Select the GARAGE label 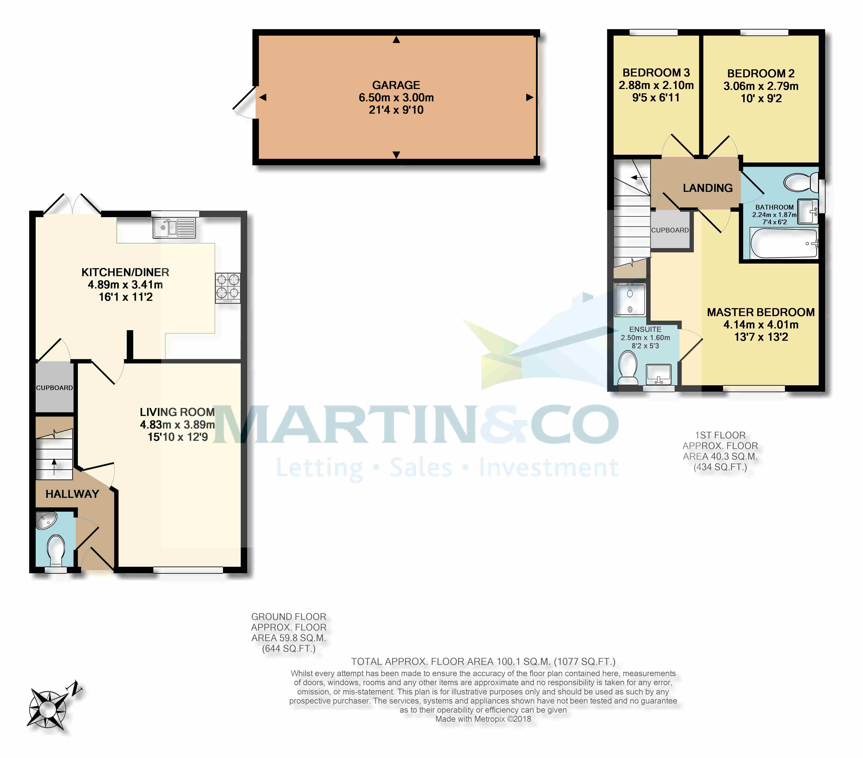[396, 85]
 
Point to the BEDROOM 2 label [761, 73]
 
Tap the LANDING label [708, 188]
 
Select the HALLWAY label [72, 494]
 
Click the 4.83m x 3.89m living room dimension [177, 425]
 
